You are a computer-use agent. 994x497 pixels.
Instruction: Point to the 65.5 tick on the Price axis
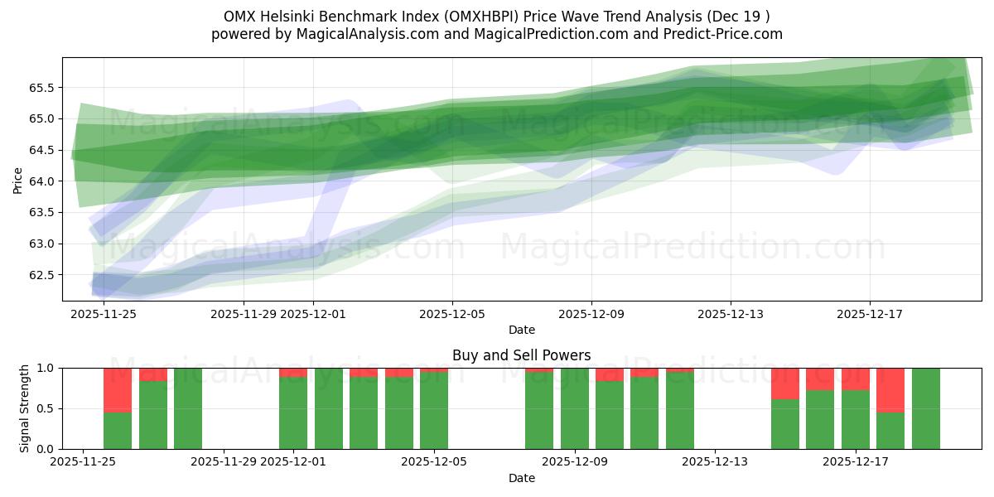click(x=41, y=88)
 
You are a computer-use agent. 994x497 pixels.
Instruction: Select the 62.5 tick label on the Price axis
click(x=41, y=275)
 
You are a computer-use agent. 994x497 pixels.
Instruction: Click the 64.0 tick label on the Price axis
click(x=41, y=181)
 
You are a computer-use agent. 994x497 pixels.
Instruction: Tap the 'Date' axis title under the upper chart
click(x=521, y=330)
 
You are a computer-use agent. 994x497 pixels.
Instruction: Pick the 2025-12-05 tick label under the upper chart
click(x=452, y=314)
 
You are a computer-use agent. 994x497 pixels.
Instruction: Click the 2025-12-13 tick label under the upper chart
click(x=730, y=314)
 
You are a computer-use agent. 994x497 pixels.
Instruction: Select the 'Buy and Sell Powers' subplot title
click(x=521, y=355)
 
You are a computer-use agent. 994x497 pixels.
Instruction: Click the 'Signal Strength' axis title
click(x=25, y=408)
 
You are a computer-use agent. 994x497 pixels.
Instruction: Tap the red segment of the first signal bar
click(x=118, y=389)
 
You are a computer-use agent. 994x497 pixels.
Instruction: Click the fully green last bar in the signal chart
click(x=925, y=408)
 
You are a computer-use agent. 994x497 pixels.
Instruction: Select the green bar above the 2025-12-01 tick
click(x=293, y=413)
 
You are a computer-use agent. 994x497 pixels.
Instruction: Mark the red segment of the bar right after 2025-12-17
click(x=890, y=390)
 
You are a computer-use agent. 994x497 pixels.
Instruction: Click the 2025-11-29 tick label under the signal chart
click(x=224, y=462)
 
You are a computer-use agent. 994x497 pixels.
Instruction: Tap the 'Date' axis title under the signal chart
click(x=521, y=478)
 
